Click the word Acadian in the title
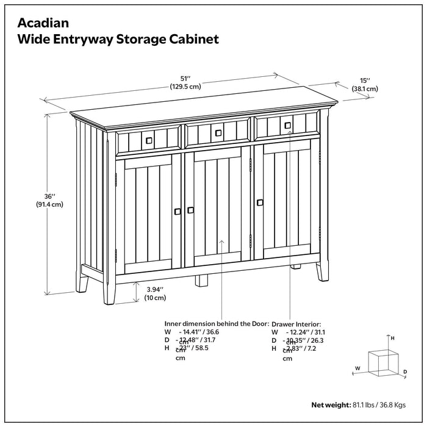(x=42, y=23)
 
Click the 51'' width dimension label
(x=185, y=77)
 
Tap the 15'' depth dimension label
(x=365, y=80)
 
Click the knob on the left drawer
(x=148, y=140)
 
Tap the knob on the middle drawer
(x=217, y=132)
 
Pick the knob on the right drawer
(x=287, y=126)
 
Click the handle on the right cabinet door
(x=260, y=202)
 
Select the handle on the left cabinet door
(x=178, y=211)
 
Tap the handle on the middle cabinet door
(x=191, y=210)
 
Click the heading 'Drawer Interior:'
(x=296, y=325)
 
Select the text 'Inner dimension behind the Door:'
(x=217, y=325)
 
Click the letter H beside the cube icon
(x=393, y=337)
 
